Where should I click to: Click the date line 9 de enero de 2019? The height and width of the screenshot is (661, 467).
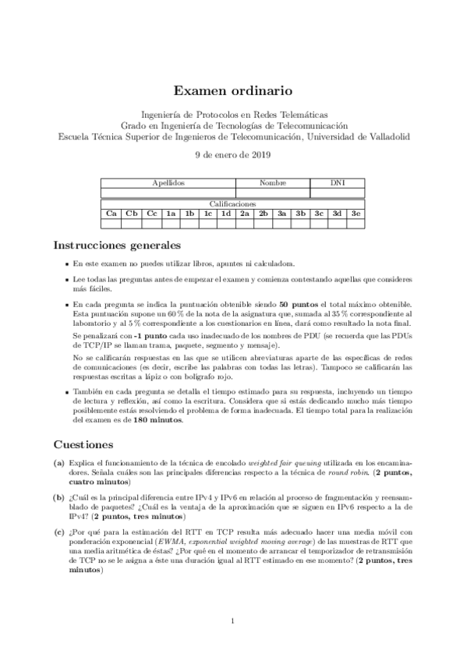click(x=232, y=154)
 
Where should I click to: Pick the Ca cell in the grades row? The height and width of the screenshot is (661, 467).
click(x=111, y=213)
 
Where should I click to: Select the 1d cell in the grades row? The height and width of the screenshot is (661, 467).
click(x=225, y=213)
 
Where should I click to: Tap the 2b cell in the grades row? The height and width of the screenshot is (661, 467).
click(x=264, y=213)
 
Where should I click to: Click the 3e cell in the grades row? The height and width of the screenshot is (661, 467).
click(x=356, y=213)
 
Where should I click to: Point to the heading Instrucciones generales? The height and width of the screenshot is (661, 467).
click(x=117, y=245)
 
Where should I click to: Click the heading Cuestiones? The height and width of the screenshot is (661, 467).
click(x=84, y=444)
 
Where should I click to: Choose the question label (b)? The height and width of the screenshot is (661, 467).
click(x=58, y=496)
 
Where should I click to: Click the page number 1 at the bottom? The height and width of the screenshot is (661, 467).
click(x=233, y=621)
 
